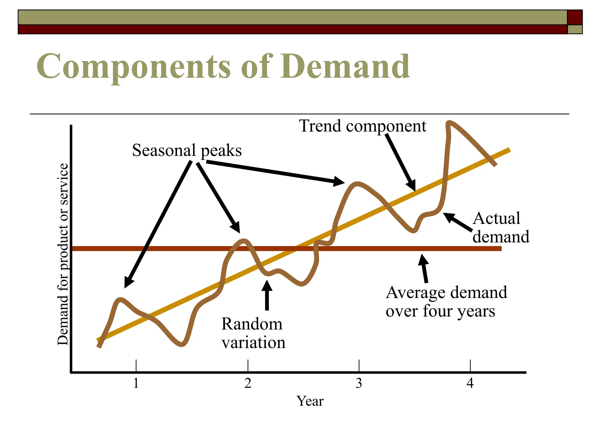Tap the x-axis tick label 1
[x=136, y=383]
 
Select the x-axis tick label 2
[x=248, y=383]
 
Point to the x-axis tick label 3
[x=359, y=383]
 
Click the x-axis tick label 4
[x=470, y=383]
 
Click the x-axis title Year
[x=310, y=401]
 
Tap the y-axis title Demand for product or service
[x=63, y=254]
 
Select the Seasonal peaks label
[x=187, y=150]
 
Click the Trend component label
[x=363, y=126]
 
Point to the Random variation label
[x=253, y=333]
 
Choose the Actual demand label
[x=501, y=227]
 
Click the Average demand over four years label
[x=446, y=301]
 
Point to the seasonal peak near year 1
[x=120, y=299]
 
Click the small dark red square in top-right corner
[x=575, y=17]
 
